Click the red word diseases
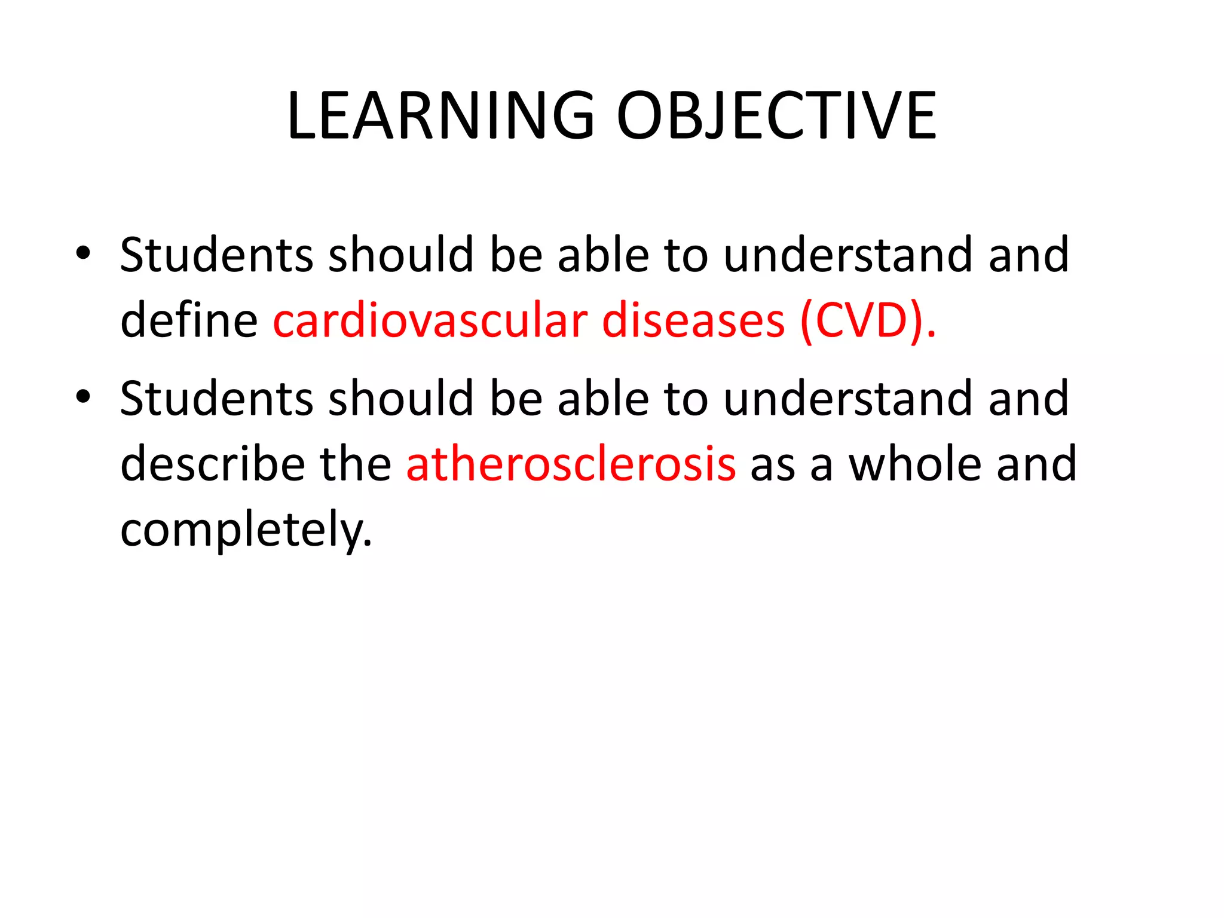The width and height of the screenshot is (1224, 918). pyautogui.click(x=693, y=321)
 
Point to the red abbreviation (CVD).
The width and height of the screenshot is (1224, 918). pyautogui.click(x=867, y=321)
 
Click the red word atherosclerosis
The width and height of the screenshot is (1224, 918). pyautogui.click(x=571, y=464)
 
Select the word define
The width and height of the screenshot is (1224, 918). pyautogui.click(x=189, y=321)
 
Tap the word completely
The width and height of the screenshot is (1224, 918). pyautogui.click(x=246, y=530)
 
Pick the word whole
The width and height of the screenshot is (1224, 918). pyautogui.click(x=914, y=464)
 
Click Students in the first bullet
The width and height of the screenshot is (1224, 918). pyautogui.click(x=216, y=255)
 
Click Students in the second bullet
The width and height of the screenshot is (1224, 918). pyautogui.click(x=216, y=399)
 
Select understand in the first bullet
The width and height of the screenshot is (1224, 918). pyautogui.click(x=848, y=255)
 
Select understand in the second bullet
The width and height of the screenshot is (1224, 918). pyautogui.click(x=848, y=399)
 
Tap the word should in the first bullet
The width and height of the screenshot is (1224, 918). pyautogui.click(x=401, y=255)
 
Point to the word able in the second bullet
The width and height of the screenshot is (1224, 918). pyautogui.click(x=603, y=399)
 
